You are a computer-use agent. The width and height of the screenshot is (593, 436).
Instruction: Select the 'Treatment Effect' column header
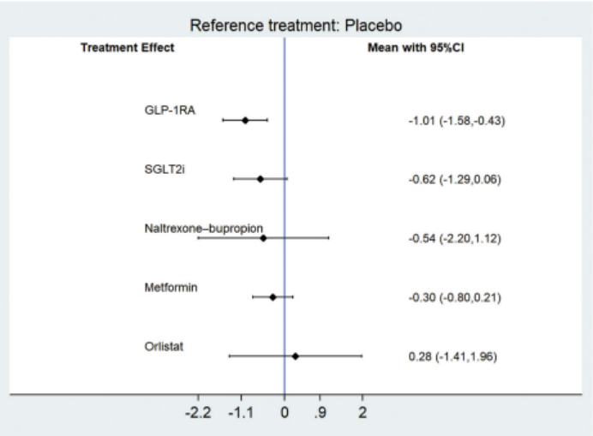pos(127,48)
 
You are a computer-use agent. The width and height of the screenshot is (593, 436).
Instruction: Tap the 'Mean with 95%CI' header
pos(416,48)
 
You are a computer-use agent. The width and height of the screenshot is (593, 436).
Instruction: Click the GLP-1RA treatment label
pos(170,110)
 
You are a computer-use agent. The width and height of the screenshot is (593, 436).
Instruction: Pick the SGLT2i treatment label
pos(165,169)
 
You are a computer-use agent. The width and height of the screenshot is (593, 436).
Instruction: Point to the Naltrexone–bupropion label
pos(203,228)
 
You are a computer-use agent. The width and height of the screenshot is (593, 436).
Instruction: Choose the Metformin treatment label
pos(171,287)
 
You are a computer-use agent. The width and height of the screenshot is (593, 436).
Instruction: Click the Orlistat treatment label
pos(164,346)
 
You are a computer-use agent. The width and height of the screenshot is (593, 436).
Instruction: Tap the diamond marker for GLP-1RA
pos(245,120)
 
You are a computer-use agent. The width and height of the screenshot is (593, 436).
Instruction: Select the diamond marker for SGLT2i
pos(261,179)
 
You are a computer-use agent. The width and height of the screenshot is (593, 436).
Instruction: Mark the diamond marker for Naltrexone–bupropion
pos(263,238)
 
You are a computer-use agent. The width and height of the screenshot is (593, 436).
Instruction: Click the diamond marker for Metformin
pos(273,297)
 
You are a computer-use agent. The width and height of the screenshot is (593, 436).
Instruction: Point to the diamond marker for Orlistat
pos(296,355)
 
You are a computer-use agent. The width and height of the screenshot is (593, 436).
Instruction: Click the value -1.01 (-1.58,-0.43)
pos(457,121)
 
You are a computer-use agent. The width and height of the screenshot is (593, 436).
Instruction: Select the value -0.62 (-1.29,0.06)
pos(455,180)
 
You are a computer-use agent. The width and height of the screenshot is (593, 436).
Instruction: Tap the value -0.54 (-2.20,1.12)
pos(455,239)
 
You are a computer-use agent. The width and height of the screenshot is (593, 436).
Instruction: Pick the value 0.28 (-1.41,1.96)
pos(452,356)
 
